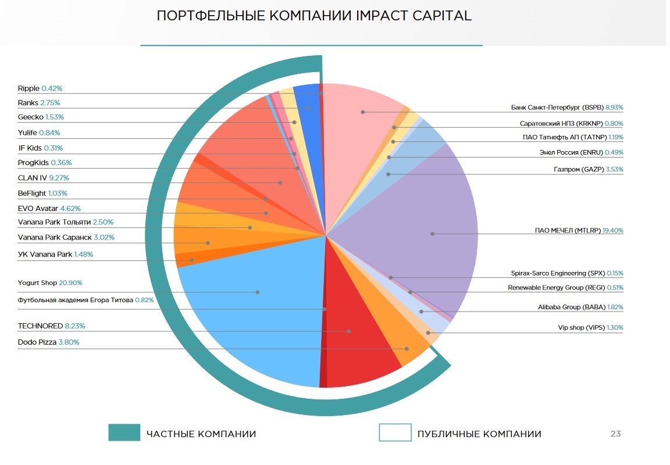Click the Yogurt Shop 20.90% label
tap(50, 283)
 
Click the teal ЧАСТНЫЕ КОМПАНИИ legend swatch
tap(124, 433)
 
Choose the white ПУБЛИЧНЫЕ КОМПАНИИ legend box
tap(395, 433)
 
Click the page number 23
tap(615, 434)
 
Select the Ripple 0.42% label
tap(40, 89)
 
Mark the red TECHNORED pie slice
tap(361, 349)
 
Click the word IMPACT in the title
tap(380, 16)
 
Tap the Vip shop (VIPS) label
tap(590, 328)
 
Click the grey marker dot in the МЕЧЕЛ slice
tap(432, 234)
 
